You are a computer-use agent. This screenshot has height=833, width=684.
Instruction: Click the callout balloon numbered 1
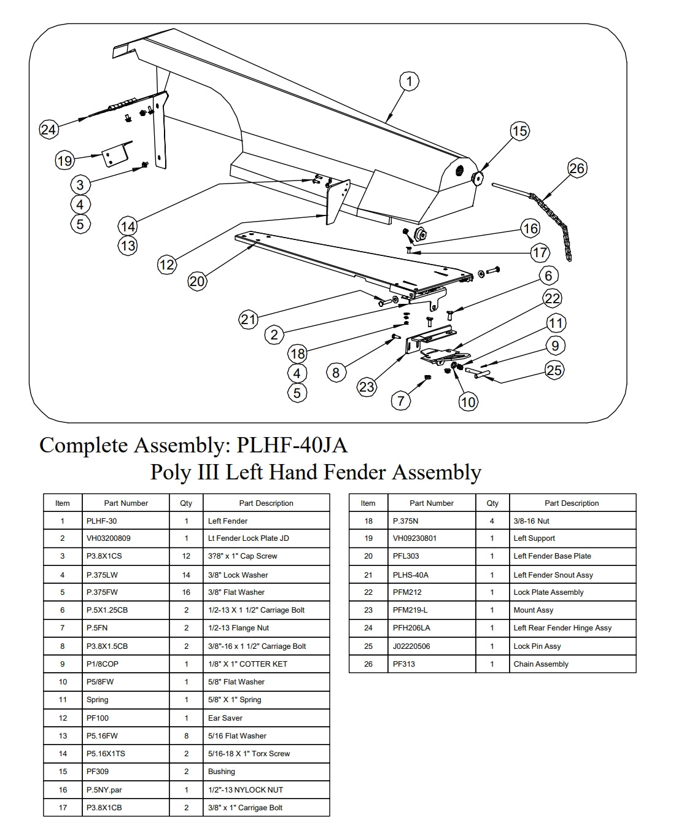pyautogui.click(x=409, y=81)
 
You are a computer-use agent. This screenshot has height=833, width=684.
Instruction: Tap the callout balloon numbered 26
pyautogui.click(x=577, y=168)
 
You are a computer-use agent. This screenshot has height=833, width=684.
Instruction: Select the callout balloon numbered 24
pyautogui.click(x=48, y=130)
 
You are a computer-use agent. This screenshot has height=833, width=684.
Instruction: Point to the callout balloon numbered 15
pyautogui.click(x=519, y=131)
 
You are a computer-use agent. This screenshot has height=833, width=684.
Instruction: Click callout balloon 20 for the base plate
pyautogui.click(x=197, y=281)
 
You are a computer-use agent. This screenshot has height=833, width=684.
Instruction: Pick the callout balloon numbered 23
pyautogui.click(x=367, y=387)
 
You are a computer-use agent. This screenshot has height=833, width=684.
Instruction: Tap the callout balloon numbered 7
pyautogui.click(x=401, y=401)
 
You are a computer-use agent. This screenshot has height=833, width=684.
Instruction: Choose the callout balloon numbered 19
pyautogui.click(x=64, y=161)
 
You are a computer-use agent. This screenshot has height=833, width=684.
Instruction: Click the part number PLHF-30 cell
pyautogui.click(x=102, y=521)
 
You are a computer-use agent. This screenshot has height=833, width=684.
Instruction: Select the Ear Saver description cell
pyautogui.click(x=225, y=718)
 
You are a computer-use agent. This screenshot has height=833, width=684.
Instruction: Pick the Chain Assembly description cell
pyautogui.click(x=541, y=664)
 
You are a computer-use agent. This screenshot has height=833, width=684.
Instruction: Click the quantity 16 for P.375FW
pyautogui.click(x=186, y=592)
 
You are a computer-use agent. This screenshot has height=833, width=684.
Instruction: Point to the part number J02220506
pyautogui.click(x=411, y=646)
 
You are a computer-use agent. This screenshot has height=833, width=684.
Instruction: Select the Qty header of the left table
pyautogui.click(x=186, y=503)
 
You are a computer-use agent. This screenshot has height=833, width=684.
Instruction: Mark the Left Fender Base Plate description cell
pyautogui.click(x=552, y=556)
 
